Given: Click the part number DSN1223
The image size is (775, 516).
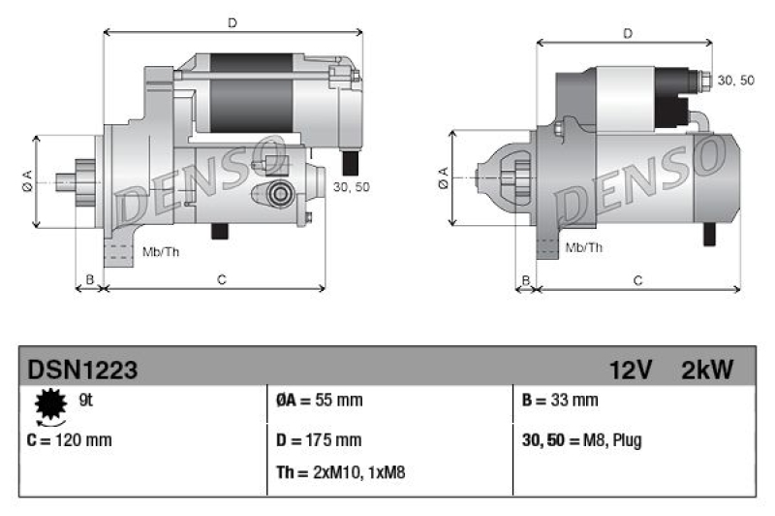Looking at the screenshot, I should click(82, 370).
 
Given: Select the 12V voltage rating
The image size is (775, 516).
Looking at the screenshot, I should click(630, 370).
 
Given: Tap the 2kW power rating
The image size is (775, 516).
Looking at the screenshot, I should click(707, 370).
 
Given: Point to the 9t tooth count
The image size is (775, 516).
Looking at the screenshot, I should click(85, 398).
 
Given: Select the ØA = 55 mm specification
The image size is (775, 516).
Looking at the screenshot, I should click(320, 400).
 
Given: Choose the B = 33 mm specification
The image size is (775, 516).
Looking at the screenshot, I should click(560, 400).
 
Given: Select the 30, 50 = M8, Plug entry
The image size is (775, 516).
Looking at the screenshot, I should click(581, 440).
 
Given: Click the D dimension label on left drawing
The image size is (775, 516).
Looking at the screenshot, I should click(232, 21).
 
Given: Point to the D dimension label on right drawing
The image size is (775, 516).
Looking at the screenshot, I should click(628, 34).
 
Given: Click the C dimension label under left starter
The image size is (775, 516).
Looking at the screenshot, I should click(221, 280).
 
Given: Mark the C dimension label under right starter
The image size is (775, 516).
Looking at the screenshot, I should click(637, 280).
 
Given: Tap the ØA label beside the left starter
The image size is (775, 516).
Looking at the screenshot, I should click(27, 180).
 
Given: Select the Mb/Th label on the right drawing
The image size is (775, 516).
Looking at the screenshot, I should click(583, 247).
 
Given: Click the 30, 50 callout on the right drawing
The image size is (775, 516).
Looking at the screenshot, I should click(736, 80).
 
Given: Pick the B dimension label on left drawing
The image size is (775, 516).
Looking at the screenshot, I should click(89, 280).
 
